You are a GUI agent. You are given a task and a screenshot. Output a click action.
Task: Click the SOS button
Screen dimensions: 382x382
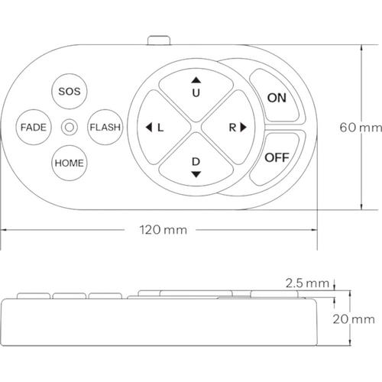70,92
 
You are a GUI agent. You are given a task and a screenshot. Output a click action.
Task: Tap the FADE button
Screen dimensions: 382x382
34,127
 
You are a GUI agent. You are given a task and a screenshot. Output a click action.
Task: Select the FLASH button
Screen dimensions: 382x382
105,127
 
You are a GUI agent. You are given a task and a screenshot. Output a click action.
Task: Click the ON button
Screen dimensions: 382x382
277,97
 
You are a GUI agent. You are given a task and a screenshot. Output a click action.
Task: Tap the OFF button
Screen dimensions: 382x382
277,158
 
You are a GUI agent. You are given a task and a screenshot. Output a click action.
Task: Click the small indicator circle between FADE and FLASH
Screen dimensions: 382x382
70,127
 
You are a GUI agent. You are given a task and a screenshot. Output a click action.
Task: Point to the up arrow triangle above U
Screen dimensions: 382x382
196,80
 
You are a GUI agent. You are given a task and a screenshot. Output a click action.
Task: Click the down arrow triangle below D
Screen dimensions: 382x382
196,174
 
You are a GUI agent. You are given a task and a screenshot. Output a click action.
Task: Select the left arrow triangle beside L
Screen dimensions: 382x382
149,127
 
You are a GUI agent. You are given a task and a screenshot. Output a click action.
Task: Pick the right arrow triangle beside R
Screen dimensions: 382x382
244,127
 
